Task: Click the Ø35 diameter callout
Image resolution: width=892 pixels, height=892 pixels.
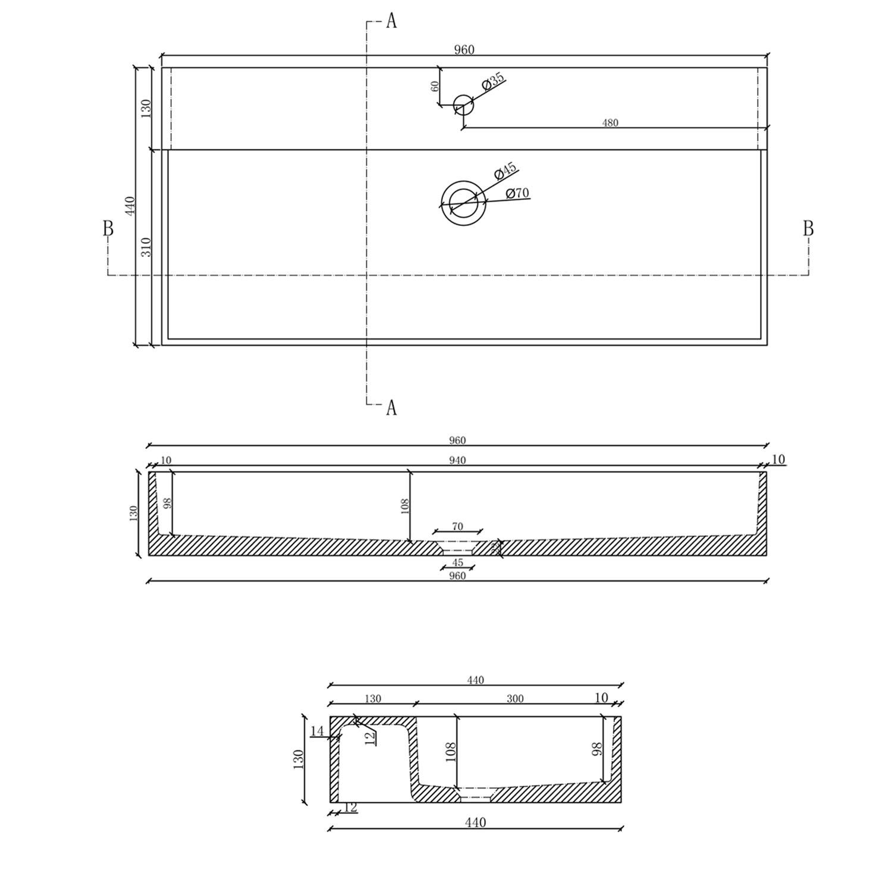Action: (494, 81)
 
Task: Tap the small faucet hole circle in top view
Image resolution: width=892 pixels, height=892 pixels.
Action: (463, 106)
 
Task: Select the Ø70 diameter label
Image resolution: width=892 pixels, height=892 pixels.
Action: (517, 193)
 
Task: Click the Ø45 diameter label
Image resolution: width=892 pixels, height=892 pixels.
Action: (506, 171)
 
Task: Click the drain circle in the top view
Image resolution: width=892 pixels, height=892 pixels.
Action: (463, 203)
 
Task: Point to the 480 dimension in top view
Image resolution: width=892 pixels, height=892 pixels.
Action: (610, 123)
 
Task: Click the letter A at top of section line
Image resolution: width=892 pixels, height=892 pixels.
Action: (391, 21)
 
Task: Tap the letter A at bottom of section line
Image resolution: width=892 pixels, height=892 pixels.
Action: (391, 408)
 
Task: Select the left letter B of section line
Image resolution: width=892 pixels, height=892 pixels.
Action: (108, 228)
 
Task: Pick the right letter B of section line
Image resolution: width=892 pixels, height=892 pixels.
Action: (808, 228)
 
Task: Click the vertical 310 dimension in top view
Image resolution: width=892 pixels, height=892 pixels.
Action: (146, 247)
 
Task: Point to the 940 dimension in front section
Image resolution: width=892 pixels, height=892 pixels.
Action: (457, 460)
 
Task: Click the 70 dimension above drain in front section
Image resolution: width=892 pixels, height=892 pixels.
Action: (457, 526)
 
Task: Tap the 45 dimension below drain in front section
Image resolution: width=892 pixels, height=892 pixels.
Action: (457, 563)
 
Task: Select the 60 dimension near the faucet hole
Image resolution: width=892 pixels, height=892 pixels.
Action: (435, 86)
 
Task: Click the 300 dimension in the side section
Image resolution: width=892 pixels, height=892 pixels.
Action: (515, 699)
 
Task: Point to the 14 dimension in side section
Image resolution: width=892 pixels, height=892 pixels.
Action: (318, 731)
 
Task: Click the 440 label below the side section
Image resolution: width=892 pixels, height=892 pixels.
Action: (475, 822)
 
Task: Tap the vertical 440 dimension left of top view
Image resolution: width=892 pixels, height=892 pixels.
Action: (131, 206)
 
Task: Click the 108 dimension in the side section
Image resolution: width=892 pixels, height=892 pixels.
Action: (450, 752)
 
